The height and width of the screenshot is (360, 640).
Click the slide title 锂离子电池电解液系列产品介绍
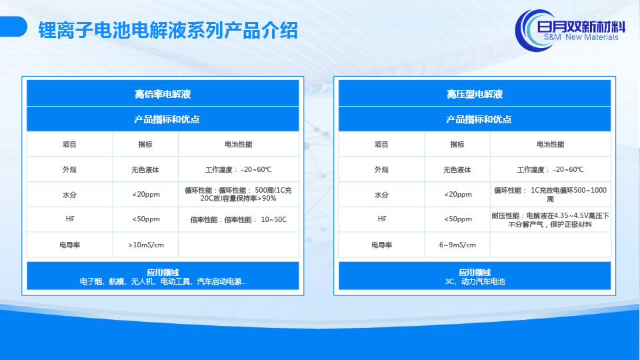tap(168, 30)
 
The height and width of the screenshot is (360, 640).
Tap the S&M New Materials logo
tap(570, 31)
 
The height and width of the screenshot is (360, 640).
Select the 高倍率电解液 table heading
tap(163, 94)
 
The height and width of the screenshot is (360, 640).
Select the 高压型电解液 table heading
tap(475, 94)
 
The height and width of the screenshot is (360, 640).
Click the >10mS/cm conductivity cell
tap(146, 245)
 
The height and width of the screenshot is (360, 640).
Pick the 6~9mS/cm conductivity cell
tap(457, 245)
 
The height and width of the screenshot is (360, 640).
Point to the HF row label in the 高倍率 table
tap(70, 219)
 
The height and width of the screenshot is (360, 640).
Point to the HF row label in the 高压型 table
tap(381, 219)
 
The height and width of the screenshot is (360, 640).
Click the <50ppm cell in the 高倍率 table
tap(146, 219)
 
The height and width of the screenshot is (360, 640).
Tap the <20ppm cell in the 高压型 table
tap(457, 194)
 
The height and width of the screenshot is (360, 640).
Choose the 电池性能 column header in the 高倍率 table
tap(239, 145)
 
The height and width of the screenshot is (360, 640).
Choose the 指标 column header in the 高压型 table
tap(457, 145)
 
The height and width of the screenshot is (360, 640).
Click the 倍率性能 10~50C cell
tap(239, 219)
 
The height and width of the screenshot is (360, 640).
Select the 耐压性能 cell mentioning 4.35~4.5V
tap(550, 219)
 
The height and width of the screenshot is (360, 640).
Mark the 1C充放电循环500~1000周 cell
tap(550, 194)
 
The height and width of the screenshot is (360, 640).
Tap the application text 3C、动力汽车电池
tap(475, 281)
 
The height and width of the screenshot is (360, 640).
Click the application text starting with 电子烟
tap(163, 281)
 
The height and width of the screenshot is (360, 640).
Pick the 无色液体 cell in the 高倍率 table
tap(145, 170)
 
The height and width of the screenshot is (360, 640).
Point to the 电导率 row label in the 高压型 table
tap(381, 245)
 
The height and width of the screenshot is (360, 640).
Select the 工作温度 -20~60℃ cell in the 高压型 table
tap(550, 170)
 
